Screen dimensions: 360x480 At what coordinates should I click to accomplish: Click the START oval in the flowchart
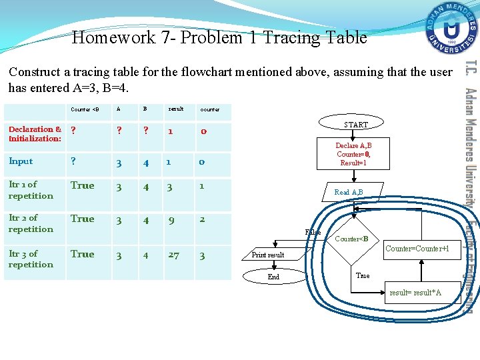[x=355, y=125]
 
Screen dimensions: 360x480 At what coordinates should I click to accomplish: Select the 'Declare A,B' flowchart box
[x=353, y=154]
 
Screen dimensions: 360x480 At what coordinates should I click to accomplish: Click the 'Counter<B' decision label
[x=351, y=239]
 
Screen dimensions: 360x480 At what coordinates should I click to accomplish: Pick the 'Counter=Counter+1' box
[x=421, y=249]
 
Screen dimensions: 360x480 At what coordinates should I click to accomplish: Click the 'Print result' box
[x=269, y=255]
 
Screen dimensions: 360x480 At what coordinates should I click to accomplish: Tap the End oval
[x=273, y=277]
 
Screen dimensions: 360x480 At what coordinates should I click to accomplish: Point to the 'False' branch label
[x=313, y=232]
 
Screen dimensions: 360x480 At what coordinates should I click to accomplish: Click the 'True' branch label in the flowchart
[x=363, y=275]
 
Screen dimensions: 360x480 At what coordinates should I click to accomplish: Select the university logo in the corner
[x=452, y=29]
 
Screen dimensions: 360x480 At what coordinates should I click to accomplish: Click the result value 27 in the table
[x=173, y=255]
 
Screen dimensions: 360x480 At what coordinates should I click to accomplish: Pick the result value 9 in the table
[x=171, y=219]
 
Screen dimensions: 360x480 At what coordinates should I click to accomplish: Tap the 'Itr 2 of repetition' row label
[x=31, y=223]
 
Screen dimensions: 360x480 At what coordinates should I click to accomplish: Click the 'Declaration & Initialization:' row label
[x=35, y=134]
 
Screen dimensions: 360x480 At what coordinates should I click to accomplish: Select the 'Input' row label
[x=21, y=161]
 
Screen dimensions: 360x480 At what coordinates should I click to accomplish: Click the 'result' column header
[x=176, y=109]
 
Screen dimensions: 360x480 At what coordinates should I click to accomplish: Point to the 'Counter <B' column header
[x=85, y=109]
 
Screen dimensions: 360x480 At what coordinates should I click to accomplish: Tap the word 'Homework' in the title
[x=114, y=37]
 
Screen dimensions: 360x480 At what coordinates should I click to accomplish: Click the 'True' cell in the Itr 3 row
[x=83, y=254]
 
